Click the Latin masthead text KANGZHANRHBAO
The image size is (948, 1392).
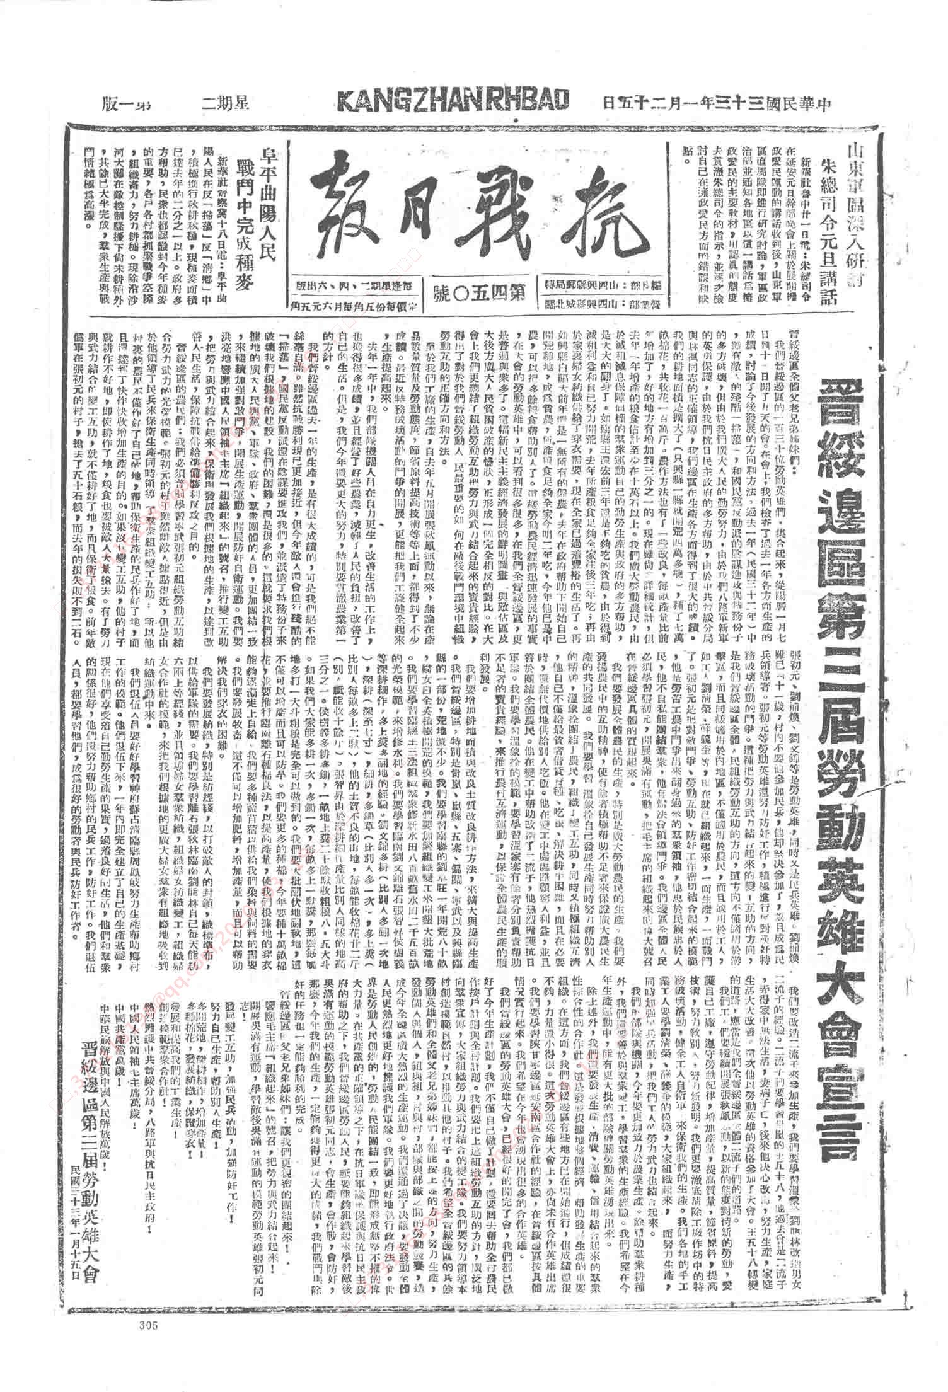click(x=453, y=101)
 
